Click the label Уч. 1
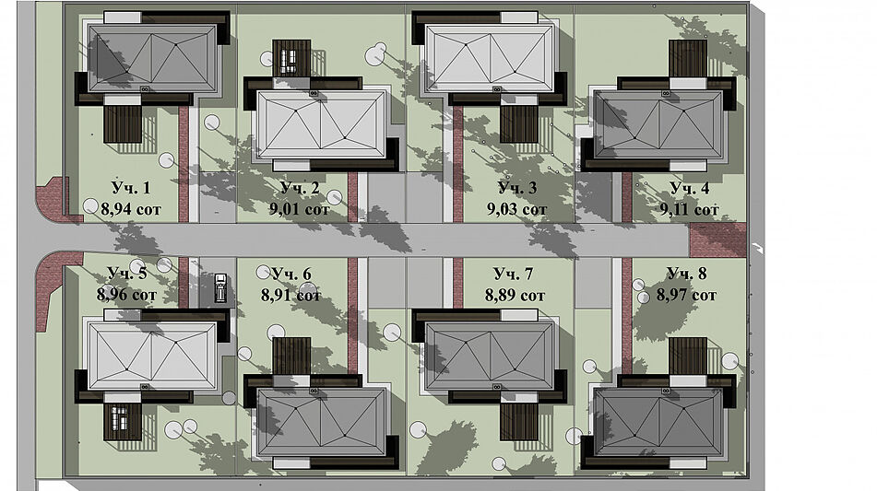(x=130, y=188)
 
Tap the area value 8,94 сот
(x=131, y=209)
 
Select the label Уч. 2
(x=299, y=188)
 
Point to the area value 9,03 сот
(x=516, y=209)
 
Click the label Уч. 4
(x=689, y=188)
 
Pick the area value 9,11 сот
(x=690, y=209)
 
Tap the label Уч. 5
(x=127, y=274)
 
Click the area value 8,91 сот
(x=290, y=295)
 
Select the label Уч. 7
(x=513, y=274)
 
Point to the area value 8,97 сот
(x=686, y=295)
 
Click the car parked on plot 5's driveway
(x=221, y=287)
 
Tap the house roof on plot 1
(x=152, y=58)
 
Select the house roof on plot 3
(x=490, y=58)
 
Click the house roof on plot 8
(x=658, y=423)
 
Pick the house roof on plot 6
(x=321, y=423)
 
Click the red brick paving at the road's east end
(x=717, y=240)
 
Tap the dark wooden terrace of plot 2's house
(x=291, y=58)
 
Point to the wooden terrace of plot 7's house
(x=519, y=422)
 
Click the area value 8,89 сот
(x=516, y=295)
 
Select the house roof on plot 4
(x=658, y=125)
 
